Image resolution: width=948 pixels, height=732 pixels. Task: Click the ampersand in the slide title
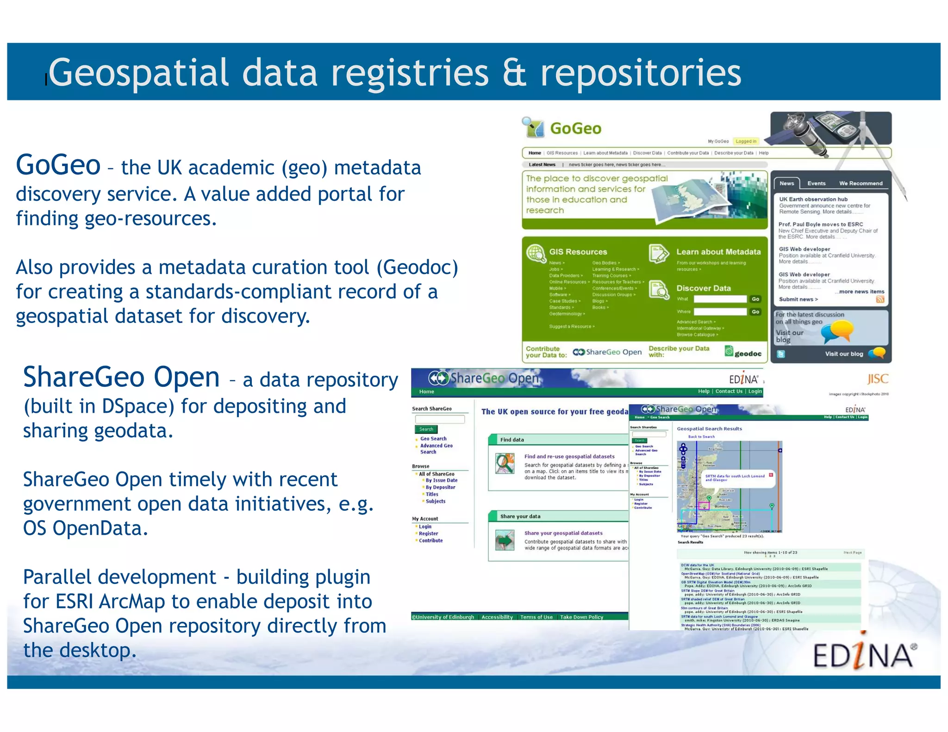pyautogui.click(x=515, y=73)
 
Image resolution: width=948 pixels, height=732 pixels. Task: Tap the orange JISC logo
pyautogui.click(x=877, y=379)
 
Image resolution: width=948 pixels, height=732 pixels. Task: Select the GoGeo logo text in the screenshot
pyautogui.click(x=575, y=128)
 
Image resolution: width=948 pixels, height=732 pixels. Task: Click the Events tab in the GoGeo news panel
pyautogui.click(x=816, y=183)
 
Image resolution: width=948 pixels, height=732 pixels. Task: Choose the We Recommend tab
pyautogui.click(x=861, y=183)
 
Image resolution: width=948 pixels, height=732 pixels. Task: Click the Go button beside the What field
pyautogui.click(x=755, y=299)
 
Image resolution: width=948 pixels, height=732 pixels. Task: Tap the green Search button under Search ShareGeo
pyautogui.click(x=426, y=429)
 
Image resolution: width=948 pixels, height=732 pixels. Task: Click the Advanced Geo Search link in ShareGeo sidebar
pyautogui.click(x=436, y=448)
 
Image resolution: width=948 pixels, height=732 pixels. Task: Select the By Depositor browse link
pyautogui.click(x=440, y=487)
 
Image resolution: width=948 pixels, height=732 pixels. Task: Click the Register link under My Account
pyautogui.click(x=428, y=533)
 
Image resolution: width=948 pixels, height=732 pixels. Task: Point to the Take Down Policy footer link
pyautogui.click(x=581, y=617)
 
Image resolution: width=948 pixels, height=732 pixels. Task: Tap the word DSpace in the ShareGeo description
pyautogui.click(x=138, y=406)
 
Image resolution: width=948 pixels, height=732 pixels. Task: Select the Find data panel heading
pyautogui.click(x=512, y=440)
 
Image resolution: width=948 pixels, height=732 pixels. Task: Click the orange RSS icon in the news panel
pyautogui.click(x=880, y=299)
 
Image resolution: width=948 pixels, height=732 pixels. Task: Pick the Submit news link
pyautogui.click(x=798, y=299)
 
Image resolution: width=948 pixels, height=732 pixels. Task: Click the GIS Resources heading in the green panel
pyautogui.click(x=578, y=252)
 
